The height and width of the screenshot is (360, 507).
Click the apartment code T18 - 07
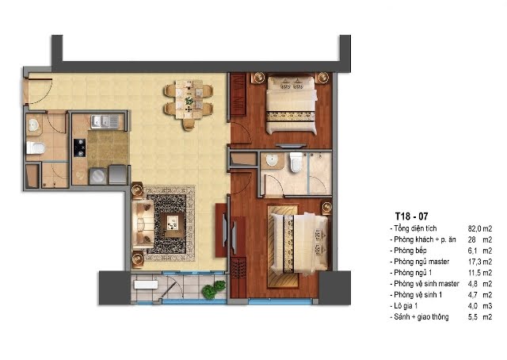coord(411,216)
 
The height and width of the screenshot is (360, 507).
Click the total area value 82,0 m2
coord(480,228)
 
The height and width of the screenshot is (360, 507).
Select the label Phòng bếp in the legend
coord(410,251)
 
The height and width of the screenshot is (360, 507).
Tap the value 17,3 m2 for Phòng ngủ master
coord(480,262)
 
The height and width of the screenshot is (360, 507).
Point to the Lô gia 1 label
coord(406,305)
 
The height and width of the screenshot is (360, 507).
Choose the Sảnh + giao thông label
coord(421,316)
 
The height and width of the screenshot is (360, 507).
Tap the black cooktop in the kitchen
coord(79,147)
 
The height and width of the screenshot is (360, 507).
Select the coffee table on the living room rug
coord(172,223)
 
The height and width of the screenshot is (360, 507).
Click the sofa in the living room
coord(143,224)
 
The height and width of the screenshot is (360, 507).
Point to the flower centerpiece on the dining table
coord(189,101)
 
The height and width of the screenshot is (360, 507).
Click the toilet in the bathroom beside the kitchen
coord(35,147)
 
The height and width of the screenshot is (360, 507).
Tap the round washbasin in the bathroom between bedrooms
coord(273,160)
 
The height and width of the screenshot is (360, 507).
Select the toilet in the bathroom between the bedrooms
coord(296,163)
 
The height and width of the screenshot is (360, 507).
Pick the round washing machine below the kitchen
coord(97,177)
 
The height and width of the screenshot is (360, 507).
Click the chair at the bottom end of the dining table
coord(189,125)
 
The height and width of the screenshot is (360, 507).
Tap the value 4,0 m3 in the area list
coord(480,306)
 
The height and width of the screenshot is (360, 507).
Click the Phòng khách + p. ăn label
coord(425,239)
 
